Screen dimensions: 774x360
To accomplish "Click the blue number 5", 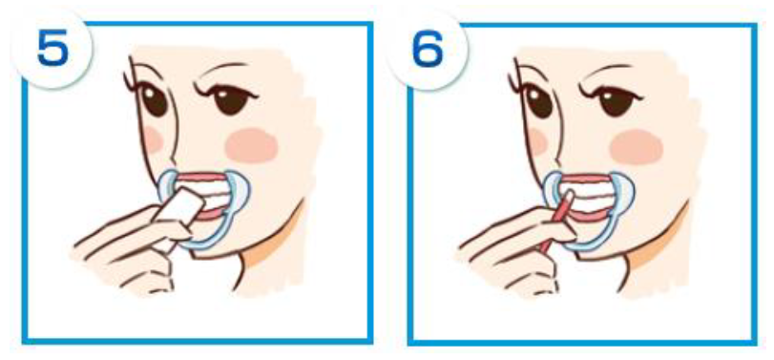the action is point(52,49).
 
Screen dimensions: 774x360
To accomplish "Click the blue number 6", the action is point(428,49).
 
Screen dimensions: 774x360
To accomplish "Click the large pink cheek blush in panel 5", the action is point(252,145).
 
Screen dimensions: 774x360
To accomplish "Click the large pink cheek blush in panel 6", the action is point(637,147).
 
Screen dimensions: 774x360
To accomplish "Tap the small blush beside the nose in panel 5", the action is point(153,139).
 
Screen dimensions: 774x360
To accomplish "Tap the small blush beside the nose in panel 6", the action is point(537,141).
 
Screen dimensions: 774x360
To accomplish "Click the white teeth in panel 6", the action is point(586,195).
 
